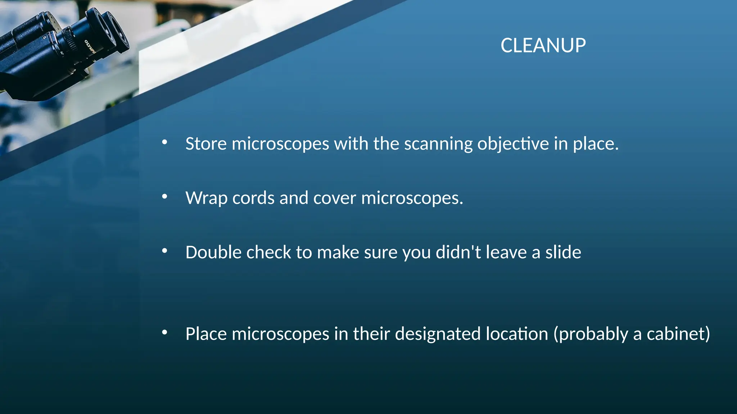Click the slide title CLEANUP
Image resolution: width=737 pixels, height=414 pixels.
tap(543, 46)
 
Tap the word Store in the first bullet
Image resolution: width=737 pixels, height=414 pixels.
tap(206, 144)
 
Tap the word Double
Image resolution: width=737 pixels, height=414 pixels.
tap(213, 252)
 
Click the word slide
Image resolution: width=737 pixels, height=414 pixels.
tap(563, 252)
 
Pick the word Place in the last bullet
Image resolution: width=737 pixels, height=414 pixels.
tap(206, 334)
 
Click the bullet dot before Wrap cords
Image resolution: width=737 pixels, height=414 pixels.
tap(165, 197)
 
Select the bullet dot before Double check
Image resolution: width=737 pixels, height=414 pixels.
tap(165, 251)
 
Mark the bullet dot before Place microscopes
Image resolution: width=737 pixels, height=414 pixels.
tap(165, 332)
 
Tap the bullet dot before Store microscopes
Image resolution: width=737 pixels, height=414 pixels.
tap(165, 142)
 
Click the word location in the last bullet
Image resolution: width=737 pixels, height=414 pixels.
tap(517, 334)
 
